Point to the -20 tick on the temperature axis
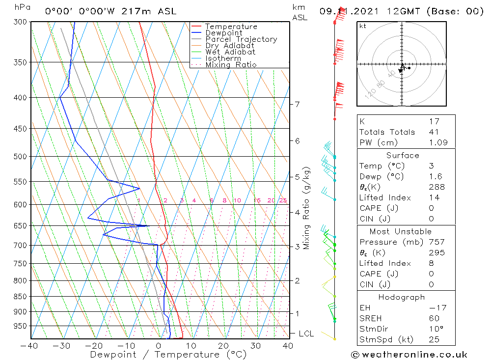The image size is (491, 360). click(94, 346)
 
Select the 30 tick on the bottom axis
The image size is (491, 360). click(255, 346)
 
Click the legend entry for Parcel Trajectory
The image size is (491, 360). click(241, 39)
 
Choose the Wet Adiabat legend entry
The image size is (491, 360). click(230, 52)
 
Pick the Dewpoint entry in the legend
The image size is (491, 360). click(223, 33)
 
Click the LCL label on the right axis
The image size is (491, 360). click(306, 334)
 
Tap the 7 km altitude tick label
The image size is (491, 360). click(297, 104)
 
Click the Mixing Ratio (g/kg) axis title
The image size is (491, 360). click(307, 208)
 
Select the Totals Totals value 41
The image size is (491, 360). click(434, 132)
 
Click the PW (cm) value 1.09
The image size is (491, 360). click(437, 143)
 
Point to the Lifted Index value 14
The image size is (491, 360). click(434, 198)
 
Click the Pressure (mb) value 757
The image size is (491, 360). click(436, 242)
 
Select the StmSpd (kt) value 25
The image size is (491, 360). click(434, 339)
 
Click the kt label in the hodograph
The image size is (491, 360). click(362, 26)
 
